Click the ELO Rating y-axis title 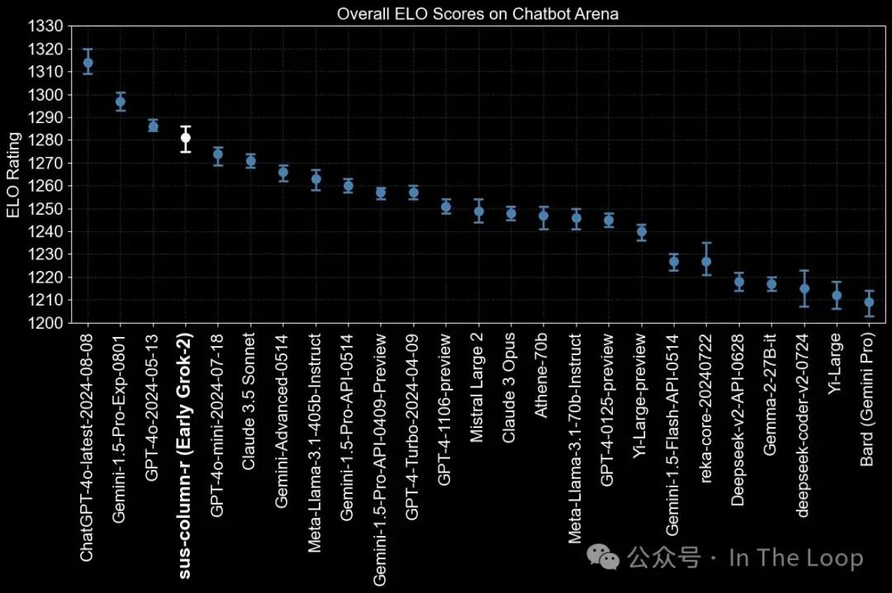(13, 175)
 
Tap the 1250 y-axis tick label (45, 209)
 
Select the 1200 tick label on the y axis (45, 323)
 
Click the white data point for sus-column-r (186, 137)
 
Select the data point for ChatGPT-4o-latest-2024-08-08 (88, 63)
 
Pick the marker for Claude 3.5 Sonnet (250, 160)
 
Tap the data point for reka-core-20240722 (706, 262)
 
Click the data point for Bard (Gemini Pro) (869, 302)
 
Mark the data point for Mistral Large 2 (478, 211)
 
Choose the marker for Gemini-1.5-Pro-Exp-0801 (120, 102)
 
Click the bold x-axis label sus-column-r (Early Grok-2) (186, 457)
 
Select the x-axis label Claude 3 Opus (508, 388)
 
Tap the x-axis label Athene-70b (541, 376)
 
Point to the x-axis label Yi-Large (834, 363)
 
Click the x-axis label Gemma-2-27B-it (769, 395)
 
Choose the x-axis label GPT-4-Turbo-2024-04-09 (411, 427)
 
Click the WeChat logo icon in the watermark (603, 557)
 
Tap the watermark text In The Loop (796, 557)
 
